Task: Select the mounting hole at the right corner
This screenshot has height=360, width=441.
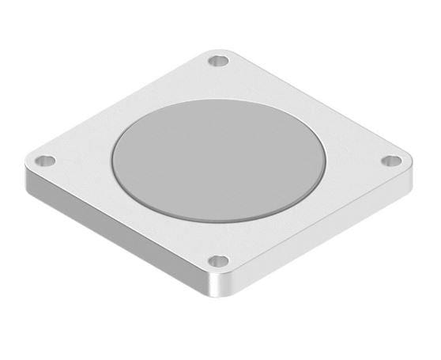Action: click(389, 161)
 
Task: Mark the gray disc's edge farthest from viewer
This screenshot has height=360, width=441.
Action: click(218, 100)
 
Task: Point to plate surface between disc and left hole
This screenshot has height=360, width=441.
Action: click(79, 159)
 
